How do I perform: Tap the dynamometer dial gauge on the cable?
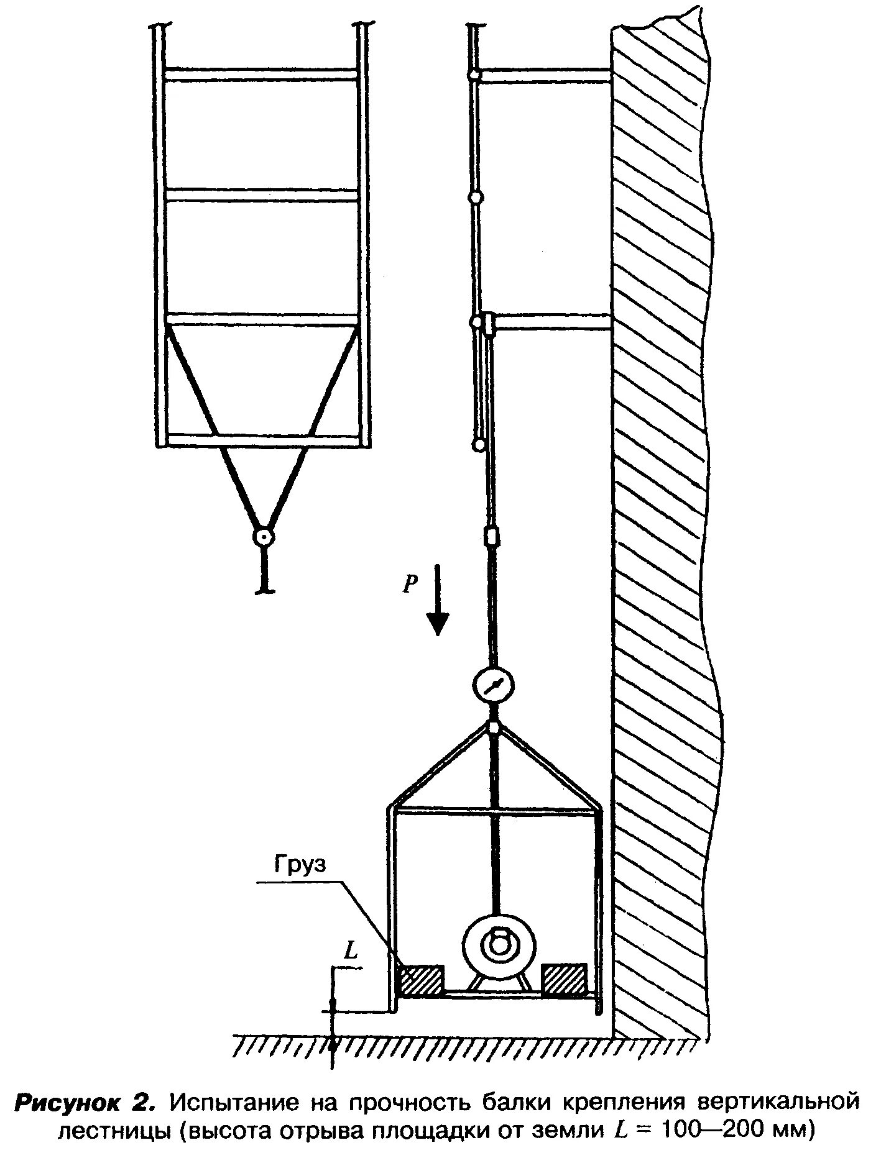pos(494,685)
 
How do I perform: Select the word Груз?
pos(299,865)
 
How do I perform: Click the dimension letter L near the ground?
pos(351,952)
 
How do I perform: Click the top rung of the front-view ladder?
pos(261,73)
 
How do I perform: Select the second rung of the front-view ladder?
pos(261,194)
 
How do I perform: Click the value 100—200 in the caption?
pos(709,1130)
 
